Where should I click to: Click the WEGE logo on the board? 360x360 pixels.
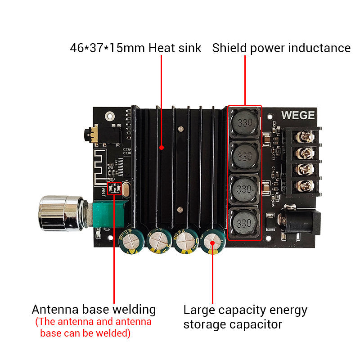[x=298, y=115]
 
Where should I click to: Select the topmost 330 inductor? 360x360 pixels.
[x=244, y=123]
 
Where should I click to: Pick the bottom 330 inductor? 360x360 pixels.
[x=244, y=222]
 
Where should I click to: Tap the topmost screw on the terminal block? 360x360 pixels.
[x=306, y=136]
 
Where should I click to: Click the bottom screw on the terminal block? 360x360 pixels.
[x=306, y=184]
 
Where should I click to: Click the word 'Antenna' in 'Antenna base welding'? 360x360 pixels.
[x=54, y=310]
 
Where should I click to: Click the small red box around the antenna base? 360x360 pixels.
[x=114, y=189]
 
